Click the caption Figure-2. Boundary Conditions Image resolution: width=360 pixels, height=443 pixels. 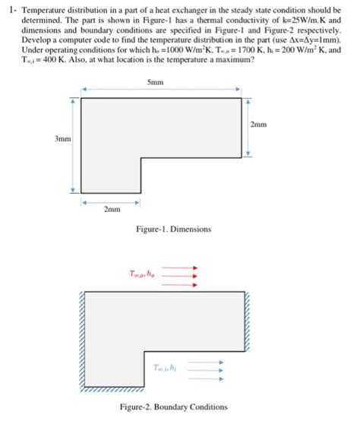point(173,407)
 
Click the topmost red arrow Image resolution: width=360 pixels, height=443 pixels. point(180,267)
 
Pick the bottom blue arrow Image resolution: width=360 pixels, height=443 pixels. point(205,375)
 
